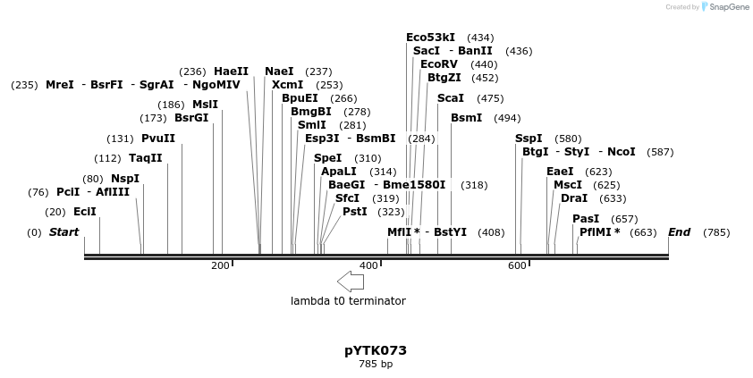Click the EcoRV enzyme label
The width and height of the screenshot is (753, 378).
click(438, 64)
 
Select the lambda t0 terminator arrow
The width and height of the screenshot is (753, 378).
click(351, 281)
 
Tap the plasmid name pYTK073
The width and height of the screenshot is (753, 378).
click(376, 350)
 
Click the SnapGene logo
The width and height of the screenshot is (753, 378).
click(725, 7)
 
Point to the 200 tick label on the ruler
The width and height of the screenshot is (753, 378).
click(220, 266)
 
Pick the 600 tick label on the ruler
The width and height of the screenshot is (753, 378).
click(517, 266)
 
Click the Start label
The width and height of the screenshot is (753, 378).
click(63, 232)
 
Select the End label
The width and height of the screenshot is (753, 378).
click(679, 232)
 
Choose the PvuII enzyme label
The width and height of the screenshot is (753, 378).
click(158, 139)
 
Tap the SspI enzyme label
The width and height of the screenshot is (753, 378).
click(529, 139)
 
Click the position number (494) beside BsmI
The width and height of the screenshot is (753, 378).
click(507, 118)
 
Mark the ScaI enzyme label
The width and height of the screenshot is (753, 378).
click(451, 98)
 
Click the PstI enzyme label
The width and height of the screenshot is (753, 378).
click(355, 212)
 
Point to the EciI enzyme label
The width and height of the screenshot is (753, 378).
click(85, 212)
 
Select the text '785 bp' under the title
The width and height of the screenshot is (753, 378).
click(376, 365)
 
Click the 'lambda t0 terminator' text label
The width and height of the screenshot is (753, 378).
click(348, 301)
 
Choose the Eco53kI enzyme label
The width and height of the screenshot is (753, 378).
click(430, 38)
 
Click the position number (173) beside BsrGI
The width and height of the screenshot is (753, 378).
click(153, 118)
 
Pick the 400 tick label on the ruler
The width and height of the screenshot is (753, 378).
click(368, 266)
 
